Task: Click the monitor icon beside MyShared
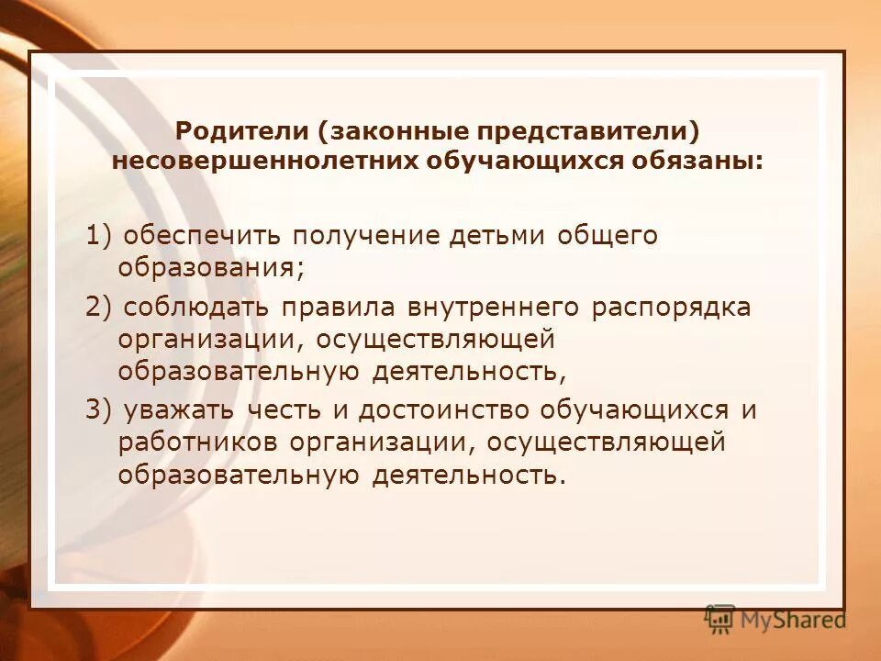[x=719, y=620]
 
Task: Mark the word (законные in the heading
[x=384, y=131]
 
